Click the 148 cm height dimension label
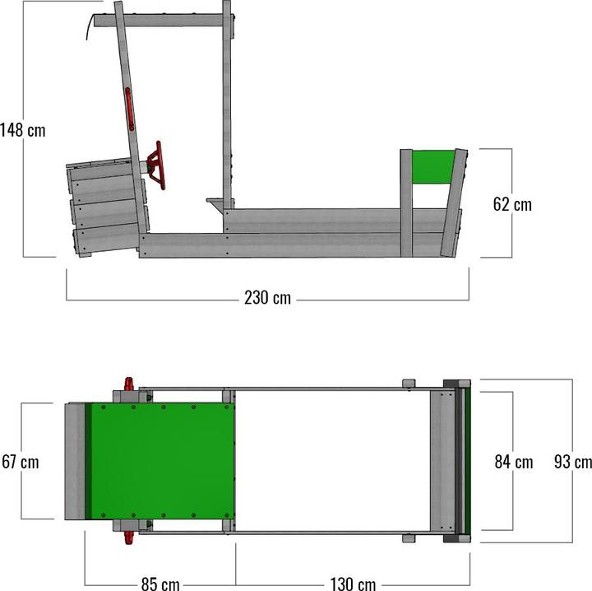click(23, 130)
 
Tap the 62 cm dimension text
click(511, 204)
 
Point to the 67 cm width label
click(20, 462)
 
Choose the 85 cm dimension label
click(160, 584)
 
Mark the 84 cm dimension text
click(512, 462)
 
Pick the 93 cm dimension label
click(571, 462)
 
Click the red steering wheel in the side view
click(156, 165)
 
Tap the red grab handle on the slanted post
click(129, 109)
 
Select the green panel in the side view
click(432, 168)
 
